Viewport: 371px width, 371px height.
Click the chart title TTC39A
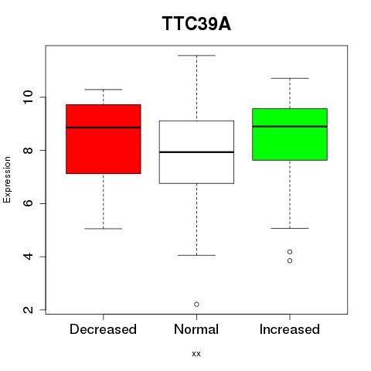(x=196, y=24)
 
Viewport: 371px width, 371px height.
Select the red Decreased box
(x=104, y=139)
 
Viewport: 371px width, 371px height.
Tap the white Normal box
(x=196, y=152)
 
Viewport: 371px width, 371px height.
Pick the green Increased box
(x=290, y=134)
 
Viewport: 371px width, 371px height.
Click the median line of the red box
(x=104, y=128)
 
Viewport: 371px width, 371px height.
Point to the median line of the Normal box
(x=196, y=152)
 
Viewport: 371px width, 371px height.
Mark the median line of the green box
(x=290, y=127)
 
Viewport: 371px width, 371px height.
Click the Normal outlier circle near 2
(x=196, y=305)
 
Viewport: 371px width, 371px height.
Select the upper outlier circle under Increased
(x=290, y=252)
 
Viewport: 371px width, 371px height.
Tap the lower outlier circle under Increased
(x=290, y=260)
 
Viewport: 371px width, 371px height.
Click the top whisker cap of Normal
(x=196, y=56)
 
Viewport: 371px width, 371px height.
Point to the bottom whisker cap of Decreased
(x=104, y=229)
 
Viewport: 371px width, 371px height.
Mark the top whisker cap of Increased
(x=290, y=78)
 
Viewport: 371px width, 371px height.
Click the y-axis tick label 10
(x=29, y=97)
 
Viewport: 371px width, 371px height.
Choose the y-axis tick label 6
(x=29, y=203)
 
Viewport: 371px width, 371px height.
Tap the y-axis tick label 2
(x=29, y=309)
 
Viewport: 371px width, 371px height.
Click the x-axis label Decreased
(x=103, y=329)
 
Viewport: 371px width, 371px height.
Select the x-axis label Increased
(x=290, y=329)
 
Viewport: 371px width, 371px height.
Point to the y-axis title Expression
(x=7, y=179)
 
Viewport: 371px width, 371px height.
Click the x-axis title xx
(x=196, y=354)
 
